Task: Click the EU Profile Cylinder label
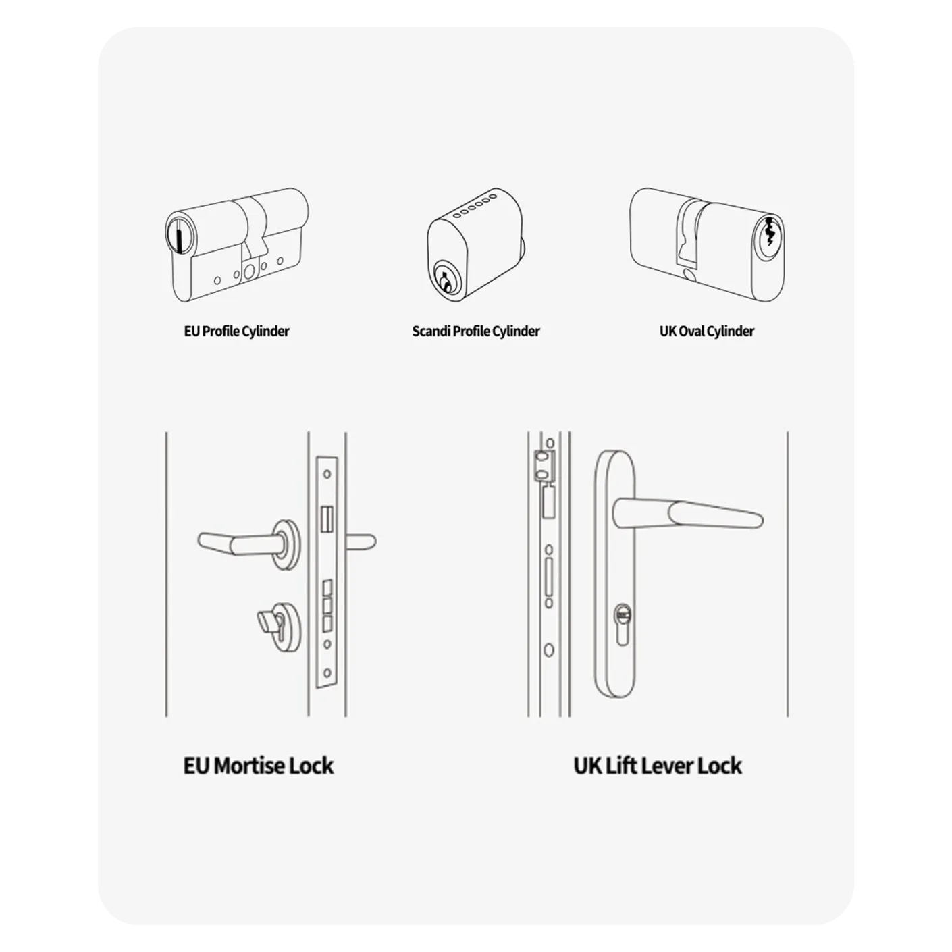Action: pos(236,332)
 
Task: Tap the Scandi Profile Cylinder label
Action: pos(476,332)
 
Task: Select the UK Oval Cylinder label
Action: pos(706,332)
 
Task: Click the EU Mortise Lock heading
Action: pos(259,766)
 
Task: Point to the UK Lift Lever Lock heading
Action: pos(657,766)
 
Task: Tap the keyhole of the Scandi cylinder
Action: pos(445,279)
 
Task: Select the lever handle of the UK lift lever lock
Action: pos(689,511)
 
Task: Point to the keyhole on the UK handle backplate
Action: pos(621,615)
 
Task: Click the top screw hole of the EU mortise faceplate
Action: pos(327,474)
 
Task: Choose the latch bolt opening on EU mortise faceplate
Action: pos(327,519)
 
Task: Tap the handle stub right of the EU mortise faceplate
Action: pos(361,541)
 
